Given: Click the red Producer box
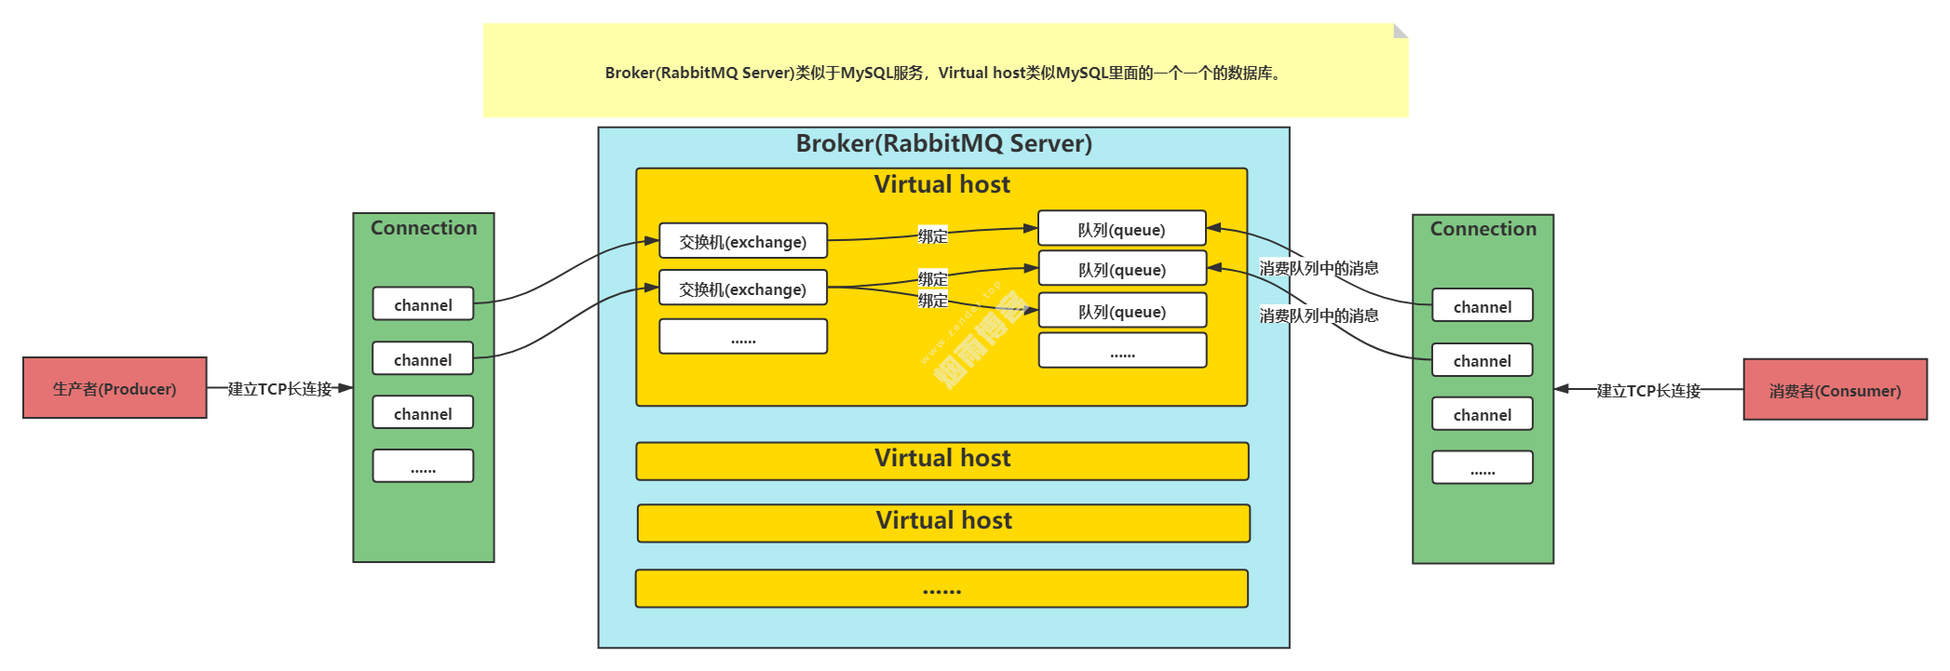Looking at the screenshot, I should click(115, 388).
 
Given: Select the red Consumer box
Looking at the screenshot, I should click(1835, 390).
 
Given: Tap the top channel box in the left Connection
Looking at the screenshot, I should click(423, 304).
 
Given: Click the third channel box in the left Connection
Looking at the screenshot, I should click(423, 413).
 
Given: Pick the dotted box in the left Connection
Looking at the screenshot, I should click(423, 466).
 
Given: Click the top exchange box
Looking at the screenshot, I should click(742, 241).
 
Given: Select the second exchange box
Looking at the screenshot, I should click(742, 289).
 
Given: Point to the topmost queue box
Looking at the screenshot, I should click(1121, 229).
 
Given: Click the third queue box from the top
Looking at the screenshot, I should click(1121, 311).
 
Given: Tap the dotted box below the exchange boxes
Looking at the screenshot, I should click(742, 337).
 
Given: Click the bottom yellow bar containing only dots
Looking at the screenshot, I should click(941, 589).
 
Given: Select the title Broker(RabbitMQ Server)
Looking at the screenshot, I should click(943, 143).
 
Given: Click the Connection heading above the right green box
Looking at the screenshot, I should click(1483, 229).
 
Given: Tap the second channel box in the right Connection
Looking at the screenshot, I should click(1482, 360).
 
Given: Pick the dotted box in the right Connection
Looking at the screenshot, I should click(1482, 468).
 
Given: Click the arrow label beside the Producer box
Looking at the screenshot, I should click(279, 389).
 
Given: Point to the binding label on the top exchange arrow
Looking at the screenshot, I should click(932, 235).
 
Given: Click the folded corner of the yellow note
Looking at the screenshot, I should click(1401, 31).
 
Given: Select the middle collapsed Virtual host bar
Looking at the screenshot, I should click(943, 522).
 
